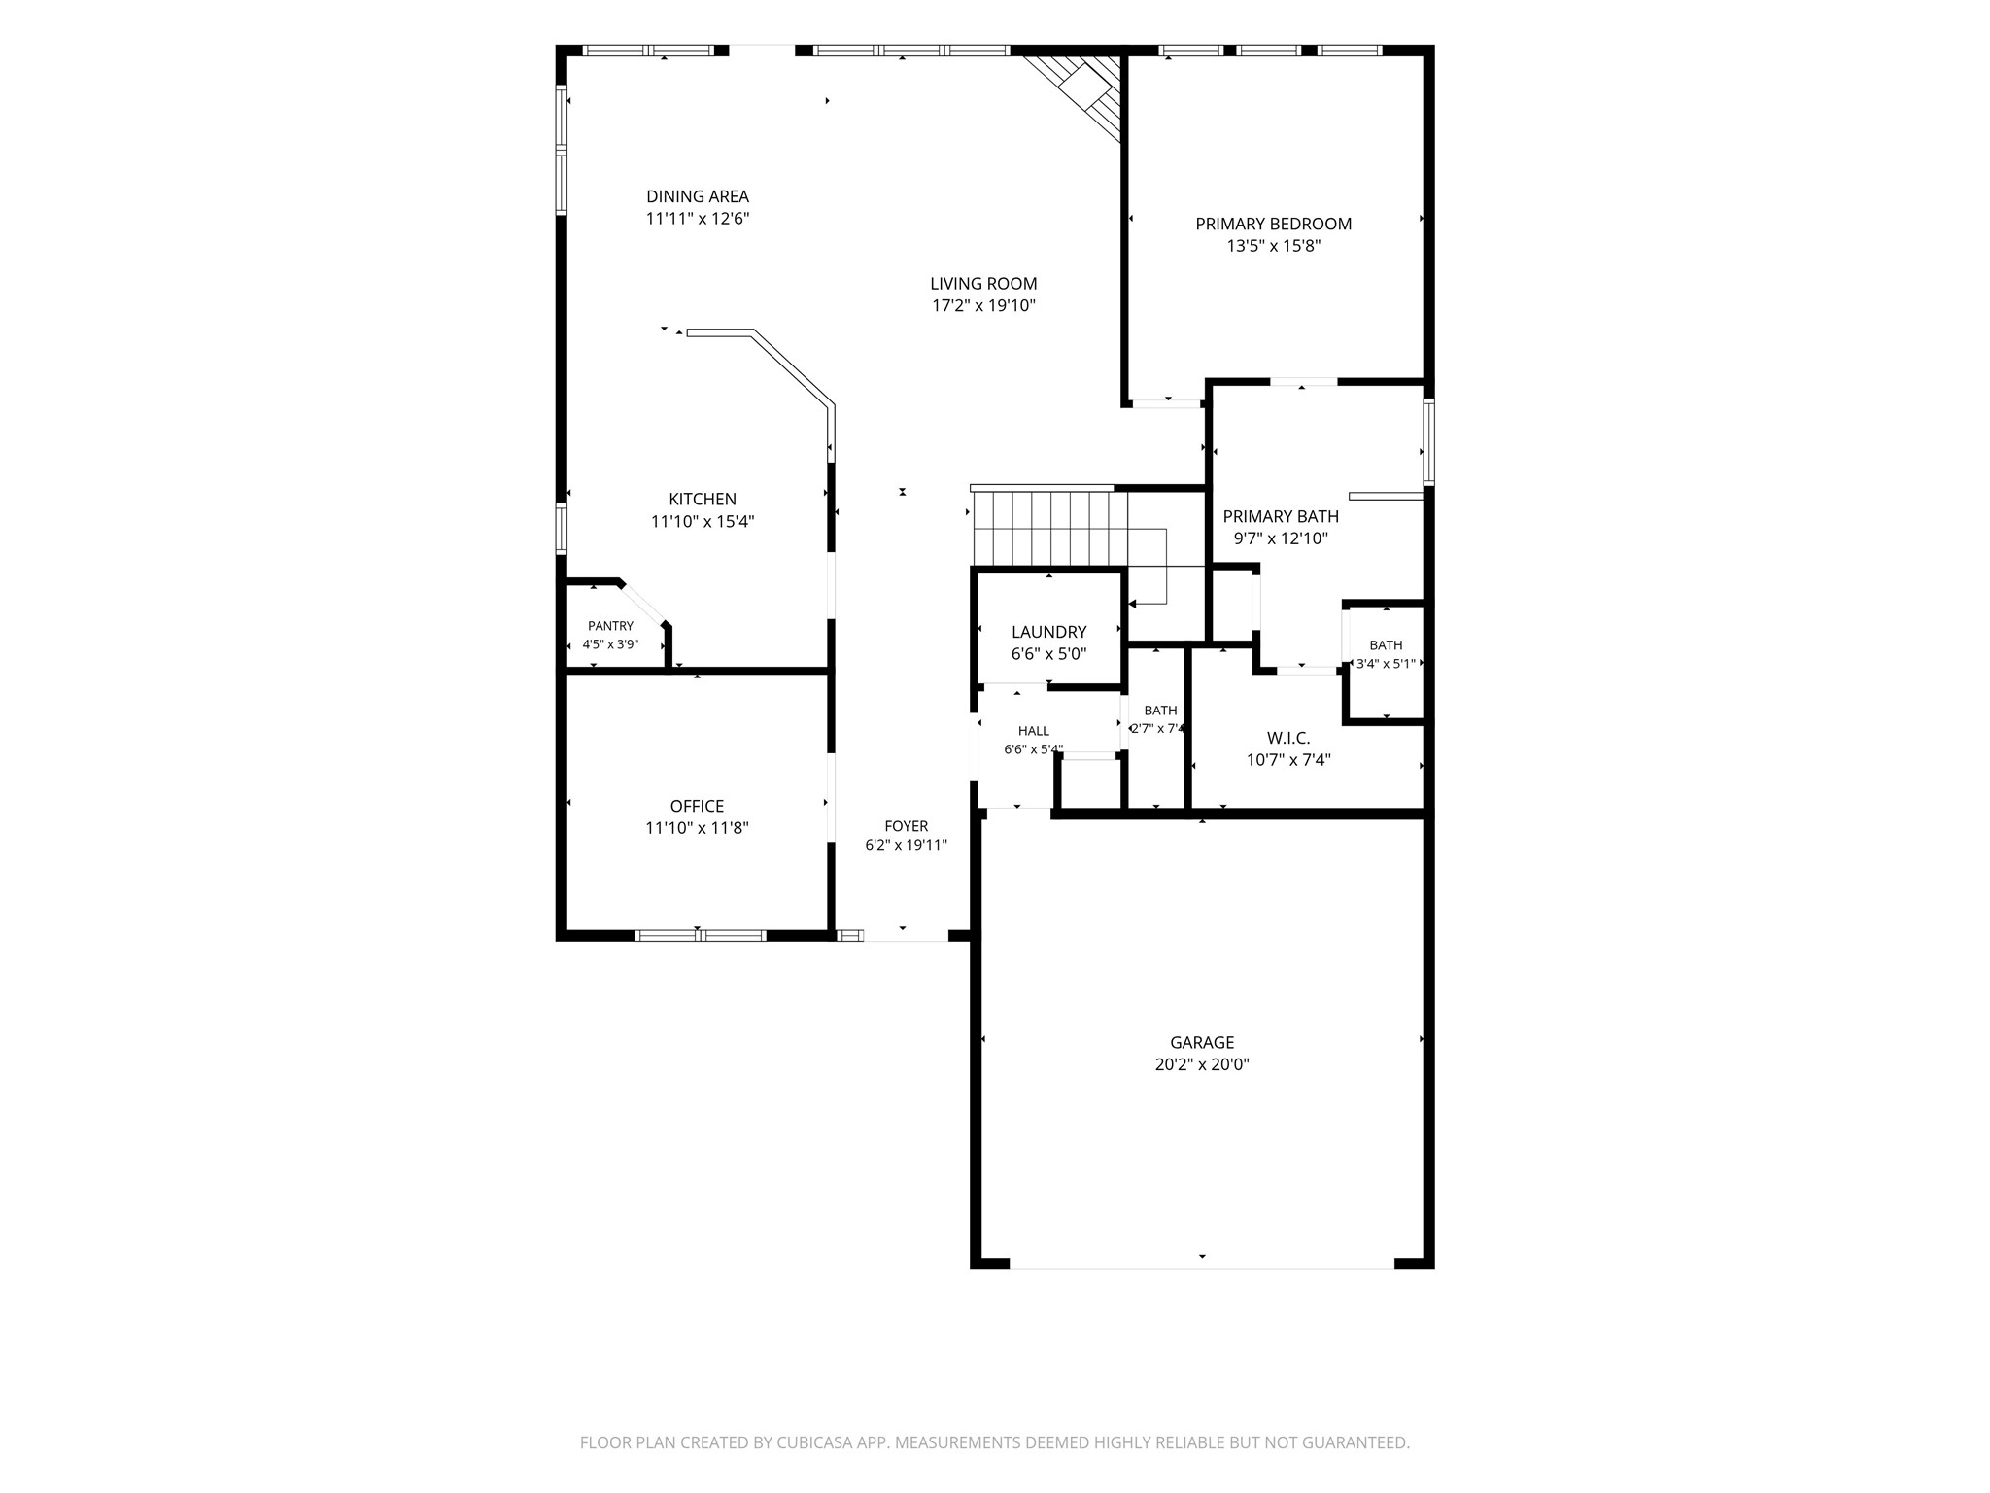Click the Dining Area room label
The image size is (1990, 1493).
coord(698,197)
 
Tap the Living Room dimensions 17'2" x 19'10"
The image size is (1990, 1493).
coord(984,306)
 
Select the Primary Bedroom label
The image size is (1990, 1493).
coord(1274,225)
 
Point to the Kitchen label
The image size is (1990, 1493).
coord(703,500)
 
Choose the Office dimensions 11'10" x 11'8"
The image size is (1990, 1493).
coord(698,828)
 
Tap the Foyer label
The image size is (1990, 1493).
coord(907,826)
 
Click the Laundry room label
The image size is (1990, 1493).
coord(1049,633)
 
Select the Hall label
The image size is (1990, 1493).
coord(1034,731)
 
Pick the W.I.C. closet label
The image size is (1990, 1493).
coord(1288,738)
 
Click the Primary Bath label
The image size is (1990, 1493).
coord(1281,517)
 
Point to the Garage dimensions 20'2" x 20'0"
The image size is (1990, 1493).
coord(1202,1064)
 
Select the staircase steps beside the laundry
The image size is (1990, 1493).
coord(1049,528)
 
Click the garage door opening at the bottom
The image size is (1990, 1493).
coord(1202,1267)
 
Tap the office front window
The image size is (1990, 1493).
coord(701,936)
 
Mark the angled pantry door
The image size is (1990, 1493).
coord(643,603)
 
